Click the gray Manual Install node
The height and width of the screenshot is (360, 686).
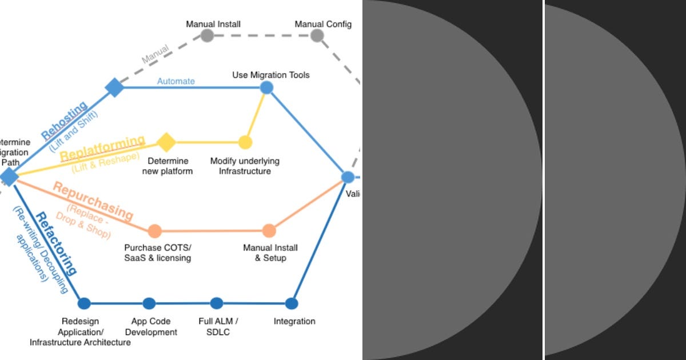click(207, 35)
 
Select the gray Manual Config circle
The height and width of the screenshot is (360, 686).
click(317, 35)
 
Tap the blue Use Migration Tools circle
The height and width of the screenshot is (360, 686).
click(266, 87)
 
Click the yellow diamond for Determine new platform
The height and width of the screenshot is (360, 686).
click(166, 142)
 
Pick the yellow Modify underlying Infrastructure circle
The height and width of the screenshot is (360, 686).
click(245, 142)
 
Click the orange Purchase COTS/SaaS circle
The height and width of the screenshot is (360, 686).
click(154, 231)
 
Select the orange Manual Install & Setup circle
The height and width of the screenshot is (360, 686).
click(269, 231)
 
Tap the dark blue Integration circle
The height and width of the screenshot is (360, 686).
click(292, 303)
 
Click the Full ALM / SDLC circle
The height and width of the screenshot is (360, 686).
click(216, 303)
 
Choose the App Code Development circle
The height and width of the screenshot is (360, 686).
click(149, 303)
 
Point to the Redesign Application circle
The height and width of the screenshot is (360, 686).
click(84, 303)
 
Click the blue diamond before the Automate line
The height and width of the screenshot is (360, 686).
click(114, 87)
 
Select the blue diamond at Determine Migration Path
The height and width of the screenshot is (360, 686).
click(9, 177)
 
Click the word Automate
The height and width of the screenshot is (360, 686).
click(176, 81)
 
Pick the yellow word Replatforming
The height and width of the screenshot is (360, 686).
click(102, 148)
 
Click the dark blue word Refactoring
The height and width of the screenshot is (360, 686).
click(55, 243)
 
